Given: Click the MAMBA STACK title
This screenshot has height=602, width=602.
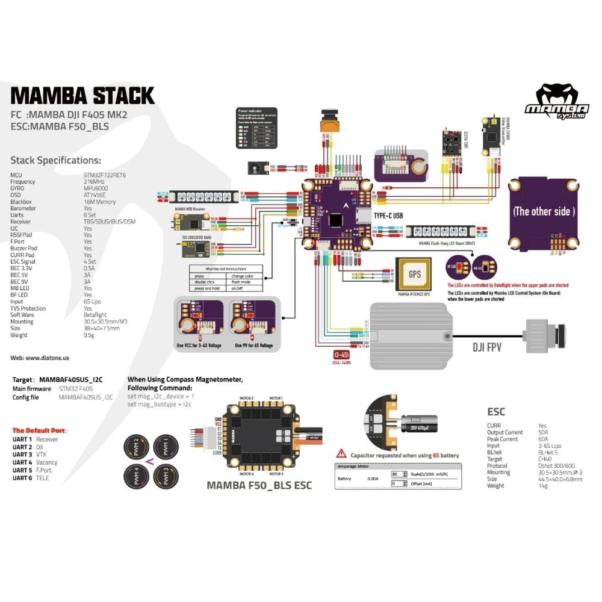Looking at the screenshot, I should click(82, 95).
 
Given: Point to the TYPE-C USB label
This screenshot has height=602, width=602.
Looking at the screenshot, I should click(388, 215).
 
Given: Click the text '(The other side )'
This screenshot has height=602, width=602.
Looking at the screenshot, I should click(544, 211).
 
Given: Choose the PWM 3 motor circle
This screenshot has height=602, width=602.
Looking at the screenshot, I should click(165, 479).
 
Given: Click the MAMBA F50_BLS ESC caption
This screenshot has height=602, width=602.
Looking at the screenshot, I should click(259, 485).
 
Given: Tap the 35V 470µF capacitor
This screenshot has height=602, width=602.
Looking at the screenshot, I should click(417, 422).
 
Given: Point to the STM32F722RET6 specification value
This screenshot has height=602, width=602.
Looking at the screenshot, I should click(108, 175).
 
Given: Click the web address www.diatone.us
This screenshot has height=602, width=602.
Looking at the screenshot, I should click(40, 358).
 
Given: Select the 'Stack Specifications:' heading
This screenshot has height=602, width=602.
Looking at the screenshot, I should click(56, 160).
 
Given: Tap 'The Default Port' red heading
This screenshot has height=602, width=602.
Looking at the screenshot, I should click(39, 430).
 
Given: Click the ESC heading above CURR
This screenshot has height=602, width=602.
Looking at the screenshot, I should click(496, 412).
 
